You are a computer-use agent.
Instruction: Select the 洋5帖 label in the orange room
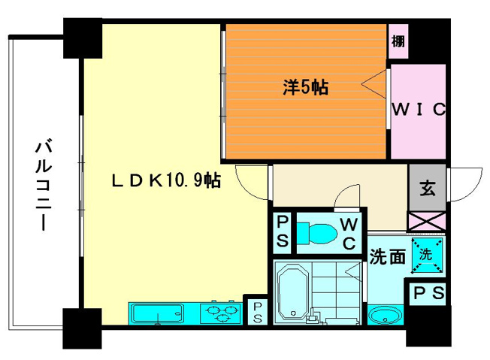point(304,86)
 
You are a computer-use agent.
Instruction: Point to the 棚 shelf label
point(398,41)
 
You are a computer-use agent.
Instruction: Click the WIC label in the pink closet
point(419,108)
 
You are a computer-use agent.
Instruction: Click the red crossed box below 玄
point(426,222)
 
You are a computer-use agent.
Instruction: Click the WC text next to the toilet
point(349,234)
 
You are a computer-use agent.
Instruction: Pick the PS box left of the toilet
point(282,232)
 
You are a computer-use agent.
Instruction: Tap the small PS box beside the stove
point(257,312)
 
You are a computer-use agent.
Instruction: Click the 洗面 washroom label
point(386,256)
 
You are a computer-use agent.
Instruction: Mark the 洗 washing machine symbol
point(426,255)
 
